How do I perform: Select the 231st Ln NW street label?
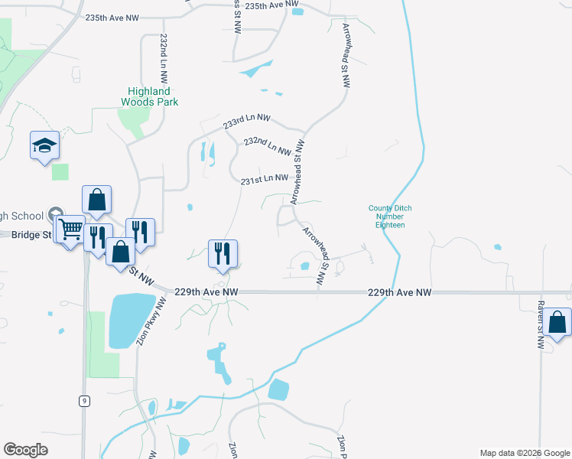click(x=264, y=180)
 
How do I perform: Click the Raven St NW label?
click(x=541, y=330)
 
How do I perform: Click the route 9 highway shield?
click(x=82, y=400)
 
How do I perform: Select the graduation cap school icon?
click(x=44, y=145)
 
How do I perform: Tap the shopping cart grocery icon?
click(x=70, y=227)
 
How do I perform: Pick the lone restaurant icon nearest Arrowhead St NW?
click(x=223, y=253)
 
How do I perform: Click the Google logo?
click(x=26, y=450)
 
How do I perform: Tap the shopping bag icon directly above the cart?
click(x=96, y=200)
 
